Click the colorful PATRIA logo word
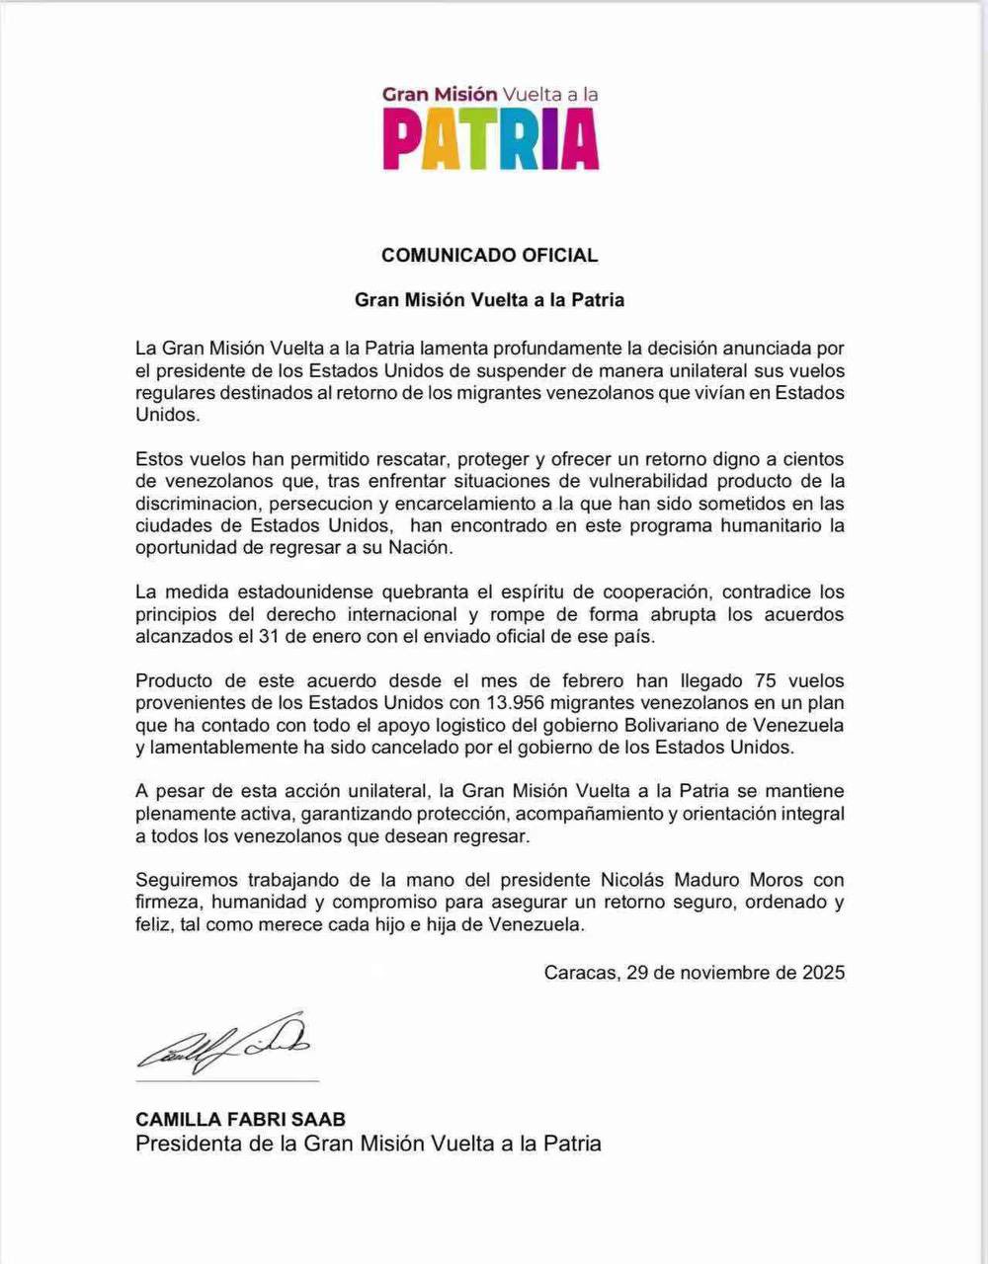pyautogui.click(x=491, y=139)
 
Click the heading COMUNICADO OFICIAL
pyautogui.click(x=489, y=255)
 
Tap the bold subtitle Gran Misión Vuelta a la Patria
pyautogui.click(x=489, y=299)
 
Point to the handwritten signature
pyautogui.click(x=223, y=1044)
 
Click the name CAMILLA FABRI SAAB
pyautogui.click(x=240, y=1120)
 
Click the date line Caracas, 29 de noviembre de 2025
pyautogui.click(x=694, y=972)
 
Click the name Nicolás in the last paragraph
pyautogui.click(x=633, y=880)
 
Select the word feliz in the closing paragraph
pyautogui.click(x=155, y=925)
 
